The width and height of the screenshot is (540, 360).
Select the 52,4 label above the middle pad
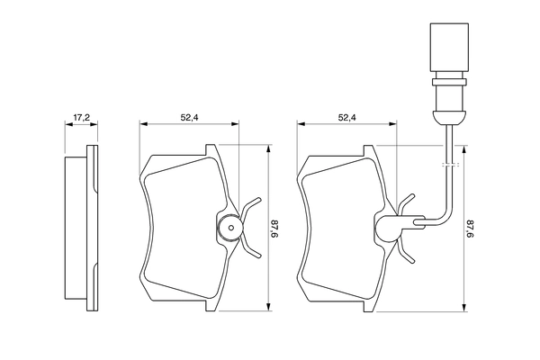pyautogui.click(x=190, y=117)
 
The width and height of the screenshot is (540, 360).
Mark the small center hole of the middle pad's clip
pyautogui.click(x=231, y=229)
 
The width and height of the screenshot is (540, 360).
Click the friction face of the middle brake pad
pyautogui.click(x=180, y=230)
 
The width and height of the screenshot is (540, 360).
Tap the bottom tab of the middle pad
pyautogui.click(x=211, y=304)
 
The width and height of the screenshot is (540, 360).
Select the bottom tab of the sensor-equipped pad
pyautogui.click(x=369, y=304)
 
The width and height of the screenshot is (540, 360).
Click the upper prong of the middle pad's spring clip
pyautogui.click(x=252, y=202)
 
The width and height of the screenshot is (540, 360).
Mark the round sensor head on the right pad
pyautogui.click(x=388, y=229)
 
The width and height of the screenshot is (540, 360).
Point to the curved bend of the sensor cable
pyautogui.click(x=442, y=214)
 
